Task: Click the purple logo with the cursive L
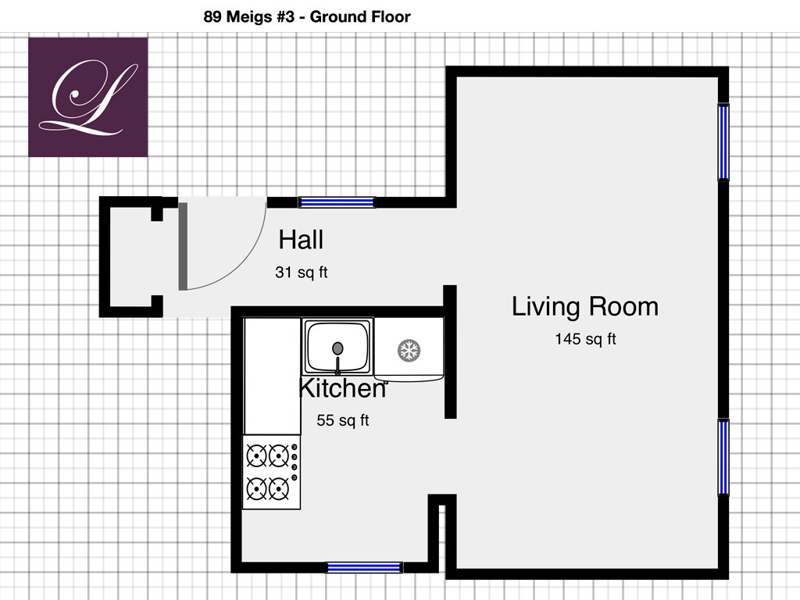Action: click(x=87, y=97)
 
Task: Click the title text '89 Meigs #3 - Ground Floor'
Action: click(x=306, y=17)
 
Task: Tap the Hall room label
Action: click(x=301, y=239)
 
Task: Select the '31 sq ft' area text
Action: click(x=301, y=272)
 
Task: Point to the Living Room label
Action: click(x=584, y=306)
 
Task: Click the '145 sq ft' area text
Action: click(x=585, y=339)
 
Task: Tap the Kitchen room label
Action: click(x=342, y=387)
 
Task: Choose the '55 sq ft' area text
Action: click(x=342, y=420)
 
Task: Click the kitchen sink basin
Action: click(x=337, y=346)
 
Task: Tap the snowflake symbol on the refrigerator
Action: click(x=409, y=351)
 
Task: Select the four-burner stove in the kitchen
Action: click(x=271, y=472)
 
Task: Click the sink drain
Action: click(x=337, y=348)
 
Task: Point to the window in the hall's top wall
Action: click(x=337, y=202)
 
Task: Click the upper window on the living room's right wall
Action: click(x=723, y=142)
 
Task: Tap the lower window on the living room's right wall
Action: click(x=723, y=457)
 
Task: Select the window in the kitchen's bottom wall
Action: click(x=364, y=567)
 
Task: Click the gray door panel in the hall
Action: click(x=183, y=246)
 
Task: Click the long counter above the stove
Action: click(x=272, y=377)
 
